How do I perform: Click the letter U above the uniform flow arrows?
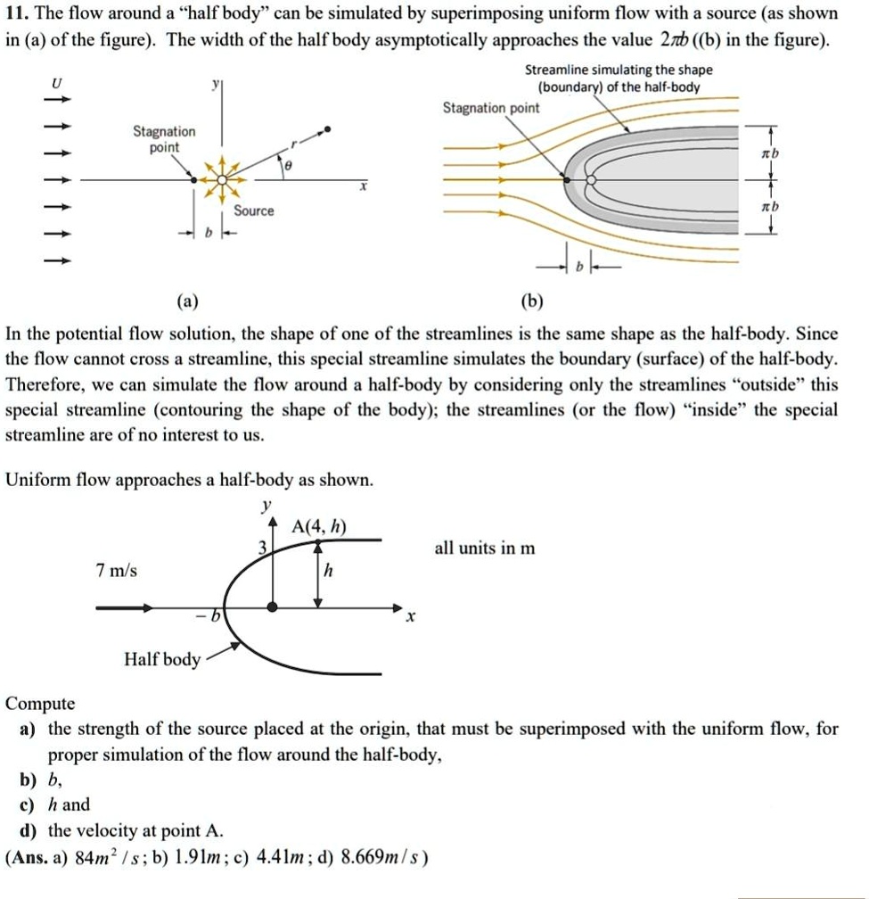pyautogui.click(x=58, y=83)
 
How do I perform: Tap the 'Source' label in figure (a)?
pyautogui.click(x=254, y=210)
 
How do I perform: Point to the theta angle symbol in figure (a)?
pyautogui.click(x=285, y=167)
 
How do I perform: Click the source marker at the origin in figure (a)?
pyautogui.click(x=222, y=178)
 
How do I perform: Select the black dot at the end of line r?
pyautogui.click(x=328, y=130)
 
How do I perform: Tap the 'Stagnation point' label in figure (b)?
pyautogui.click(x=491, y=108)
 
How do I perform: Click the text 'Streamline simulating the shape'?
pyautogui.click(x=619, y=70)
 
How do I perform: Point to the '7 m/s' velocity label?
pyautogui.click(x=117, y=570)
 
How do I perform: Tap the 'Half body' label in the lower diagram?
pyautogui.click(x=162, y=659)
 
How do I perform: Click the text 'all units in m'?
pyautogui.click(x=485, y=548)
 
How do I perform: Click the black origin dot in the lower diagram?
pyautogui.click(x=272, y=606)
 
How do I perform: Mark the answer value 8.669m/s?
pyautogui.click(x=379, y=858)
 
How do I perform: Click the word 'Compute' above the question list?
pyautogui.click(x=40, y=703)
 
